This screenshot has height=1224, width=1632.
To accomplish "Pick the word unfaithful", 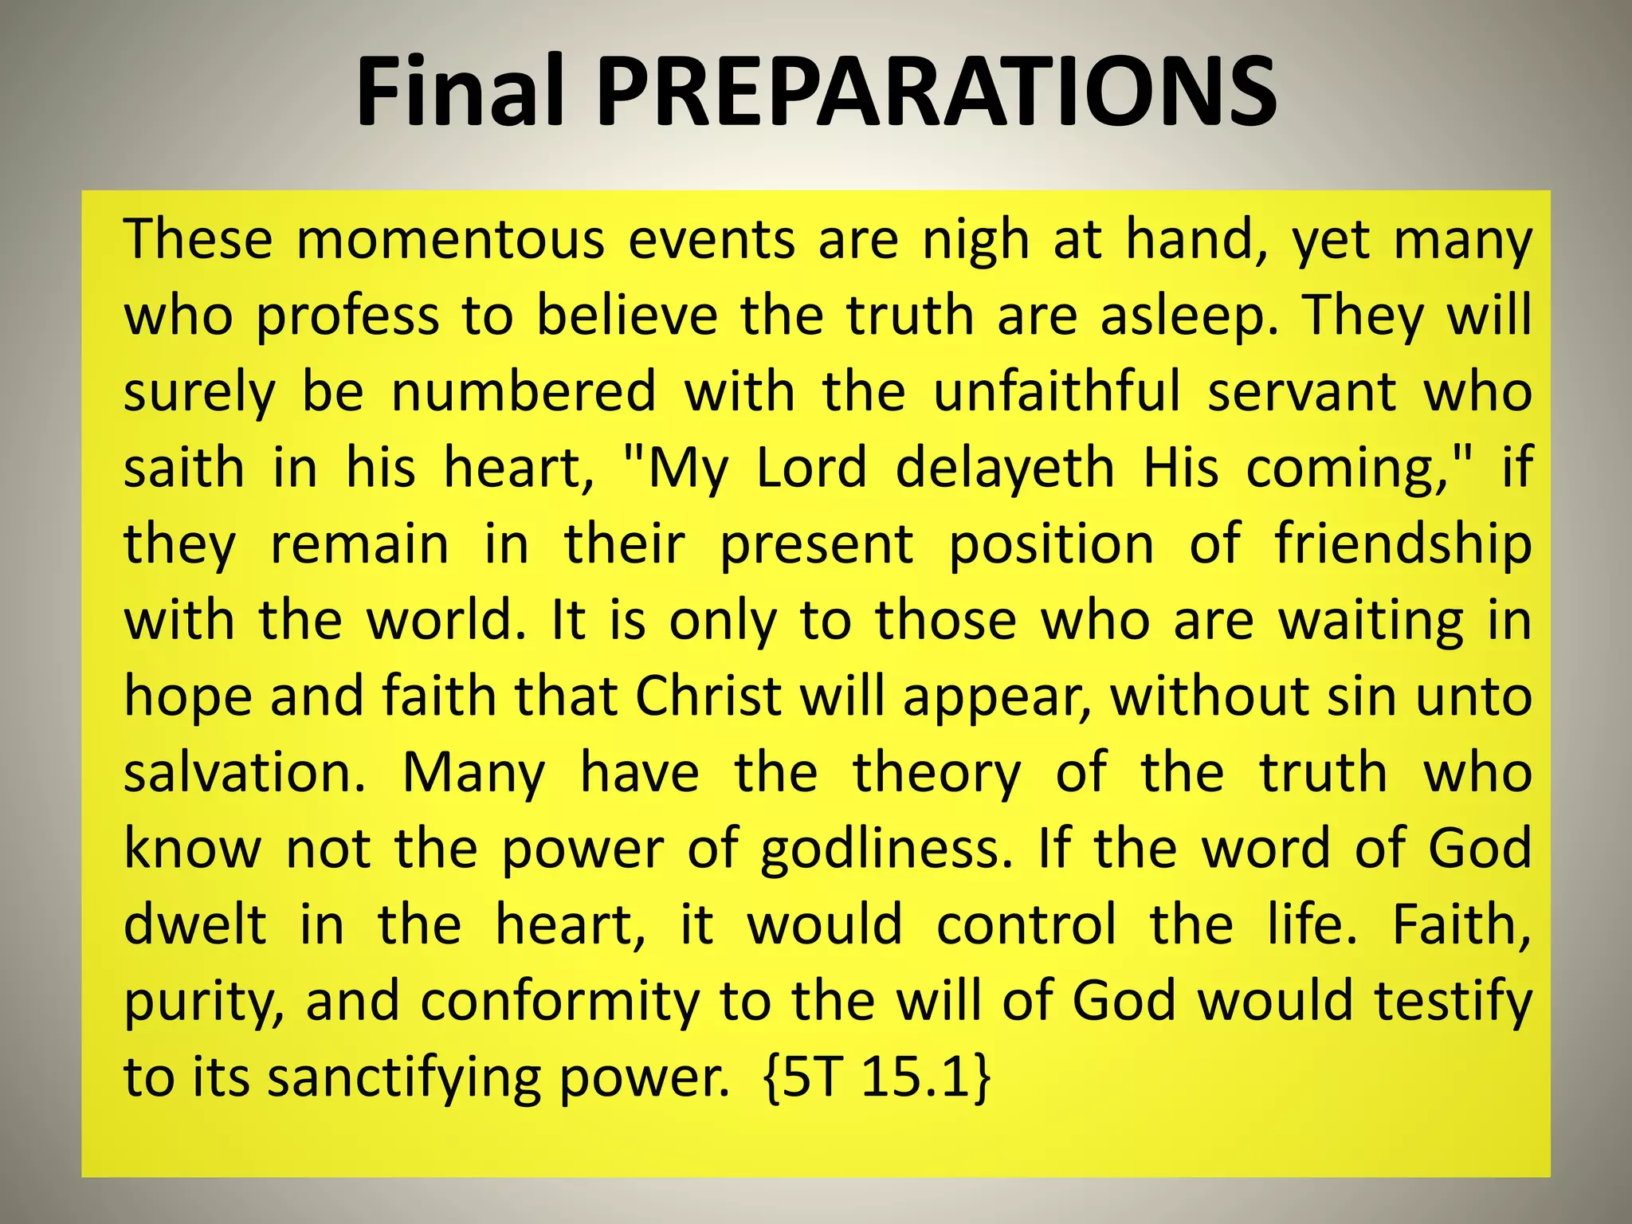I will coord(1057,392).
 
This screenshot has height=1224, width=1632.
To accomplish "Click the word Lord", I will coord(810,468).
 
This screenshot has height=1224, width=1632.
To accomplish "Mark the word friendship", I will coord(1402,545).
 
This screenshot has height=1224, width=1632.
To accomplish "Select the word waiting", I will coord(1371,622).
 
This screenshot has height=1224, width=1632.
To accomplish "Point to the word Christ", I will coord(708,697).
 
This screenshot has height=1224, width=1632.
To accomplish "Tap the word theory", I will coord(936,773).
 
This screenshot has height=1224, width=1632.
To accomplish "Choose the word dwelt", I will coord(194,925).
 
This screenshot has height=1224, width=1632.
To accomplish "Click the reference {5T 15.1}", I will coord(877,1078).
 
